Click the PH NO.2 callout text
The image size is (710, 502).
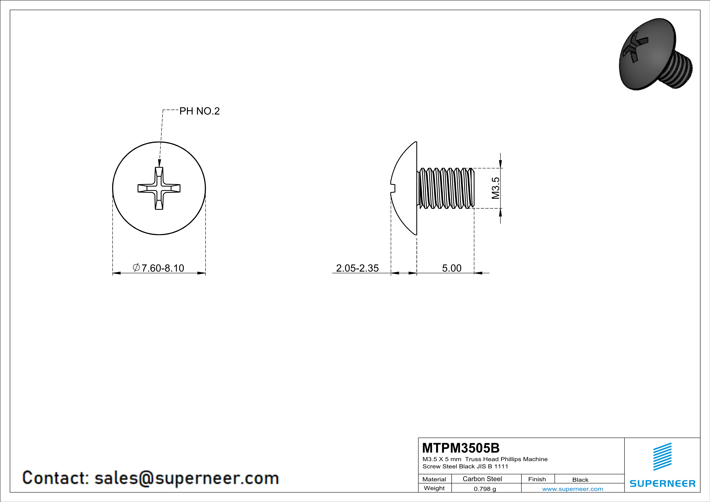coord(199,111)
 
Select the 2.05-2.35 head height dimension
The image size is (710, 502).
coord(357,268)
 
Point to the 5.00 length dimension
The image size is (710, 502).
coord(451,268)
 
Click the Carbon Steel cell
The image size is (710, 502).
coord(482,479)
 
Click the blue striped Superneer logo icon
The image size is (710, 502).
coord(662,457)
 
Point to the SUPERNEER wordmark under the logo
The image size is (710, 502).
coord(662,483)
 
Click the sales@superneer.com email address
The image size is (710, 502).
coord(186,478)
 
